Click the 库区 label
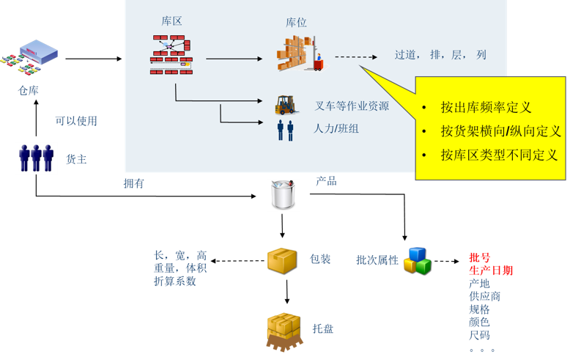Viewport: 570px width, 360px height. [x=171, y=21]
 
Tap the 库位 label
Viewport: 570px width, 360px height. [x=296, y=23]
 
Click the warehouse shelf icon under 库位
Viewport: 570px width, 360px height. [x=300, y=54]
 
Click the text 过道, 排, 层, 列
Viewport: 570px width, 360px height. [x=440, y=55]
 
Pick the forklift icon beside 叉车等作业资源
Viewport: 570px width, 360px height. [x=285, y=105]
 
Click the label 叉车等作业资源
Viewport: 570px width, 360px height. [x=352, y=106]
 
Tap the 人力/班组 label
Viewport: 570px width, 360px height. [x=336, y=128]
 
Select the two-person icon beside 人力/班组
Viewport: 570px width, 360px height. [x=285, y=130]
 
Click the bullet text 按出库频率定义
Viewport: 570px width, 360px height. [x=486, y=107]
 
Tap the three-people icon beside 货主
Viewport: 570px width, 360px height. [x=36, y=158]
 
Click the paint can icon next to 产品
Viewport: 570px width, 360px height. [x=284, y=195]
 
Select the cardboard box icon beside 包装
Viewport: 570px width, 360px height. [x=281, y=260]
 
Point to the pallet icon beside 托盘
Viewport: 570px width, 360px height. [x=284, y=331]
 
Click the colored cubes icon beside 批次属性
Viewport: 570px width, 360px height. [x=417, y=260]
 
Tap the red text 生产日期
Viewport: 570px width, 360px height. [x=491, y=271]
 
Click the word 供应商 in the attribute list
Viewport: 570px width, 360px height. [x=484, y=296]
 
